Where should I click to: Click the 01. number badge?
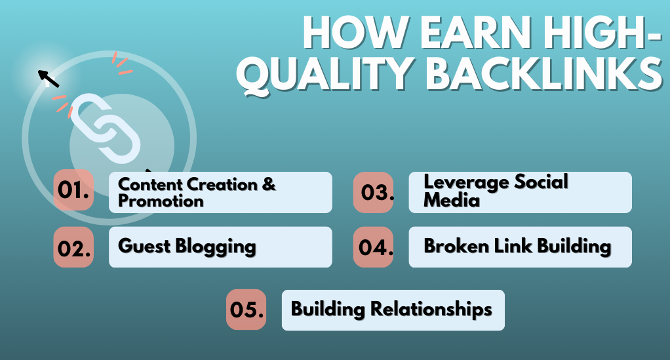73,190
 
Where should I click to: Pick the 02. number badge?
73,247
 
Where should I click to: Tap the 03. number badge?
374,192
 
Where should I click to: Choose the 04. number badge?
374,247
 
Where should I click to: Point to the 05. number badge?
246,310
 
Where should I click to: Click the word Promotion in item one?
161,201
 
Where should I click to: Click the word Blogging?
216,247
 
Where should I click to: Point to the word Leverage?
466,183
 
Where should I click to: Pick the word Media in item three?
452,200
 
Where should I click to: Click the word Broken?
456,246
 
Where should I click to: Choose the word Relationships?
431,310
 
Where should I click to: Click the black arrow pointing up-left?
49,79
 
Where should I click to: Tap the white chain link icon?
106,129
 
